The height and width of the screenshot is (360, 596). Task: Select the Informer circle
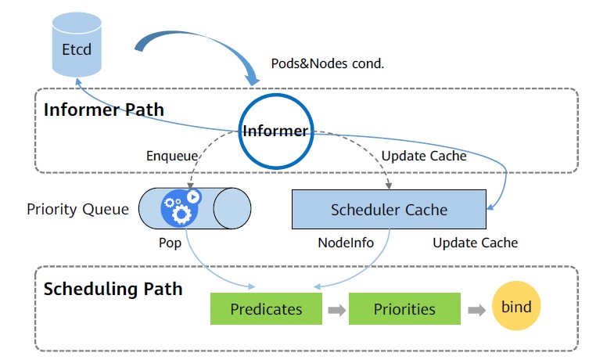coord(275,131)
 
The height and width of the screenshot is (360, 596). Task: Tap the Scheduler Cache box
coord(389,209)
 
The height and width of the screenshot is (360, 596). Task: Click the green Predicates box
coord(266,308)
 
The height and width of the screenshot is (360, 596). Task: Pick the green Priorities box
coord(404,308)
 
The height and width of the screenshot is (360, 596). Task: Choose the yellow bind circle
coord(516,307)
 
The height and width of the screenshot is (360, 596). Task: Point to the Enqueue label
coord(171,156)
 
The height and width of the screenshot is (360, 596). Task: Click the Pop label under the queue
coord(170,243)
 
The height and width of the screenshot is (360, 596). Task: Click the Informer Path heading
coord(103,109)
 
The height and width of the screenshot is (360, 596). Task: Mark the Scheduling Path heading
coord(113,289)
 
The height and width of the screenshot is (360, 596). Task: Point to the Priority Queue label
coord(77,209)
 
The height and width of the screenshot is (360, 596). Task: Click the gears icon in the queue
coord(176,210)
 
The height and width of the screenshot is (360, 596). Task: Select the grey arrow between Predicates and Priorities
coord(336,309)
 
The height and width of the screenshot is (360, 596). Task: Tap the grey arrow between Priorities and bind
coord(475,309)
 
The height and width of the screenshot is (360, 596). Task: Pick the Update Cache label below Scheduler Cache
coord(475,243)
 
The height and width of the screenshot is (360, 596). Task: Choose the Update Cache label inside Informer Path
coord(424,156)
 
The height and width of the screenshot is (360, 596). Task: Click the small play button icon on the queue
coord(193,197)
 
